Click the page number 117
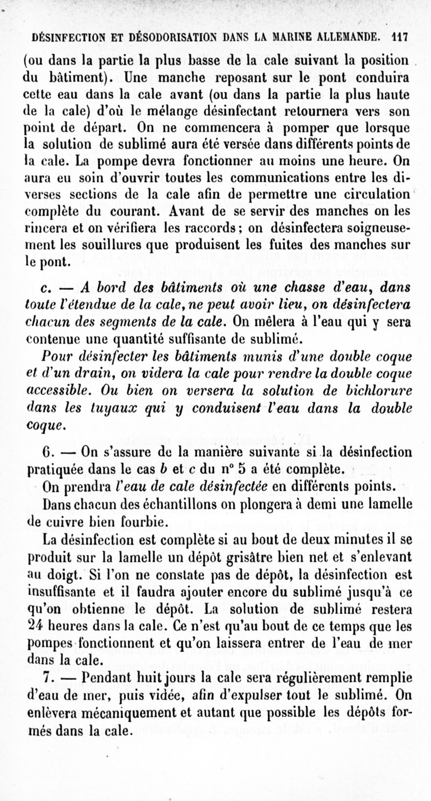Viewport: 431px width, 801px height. [x=399, y=38]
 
